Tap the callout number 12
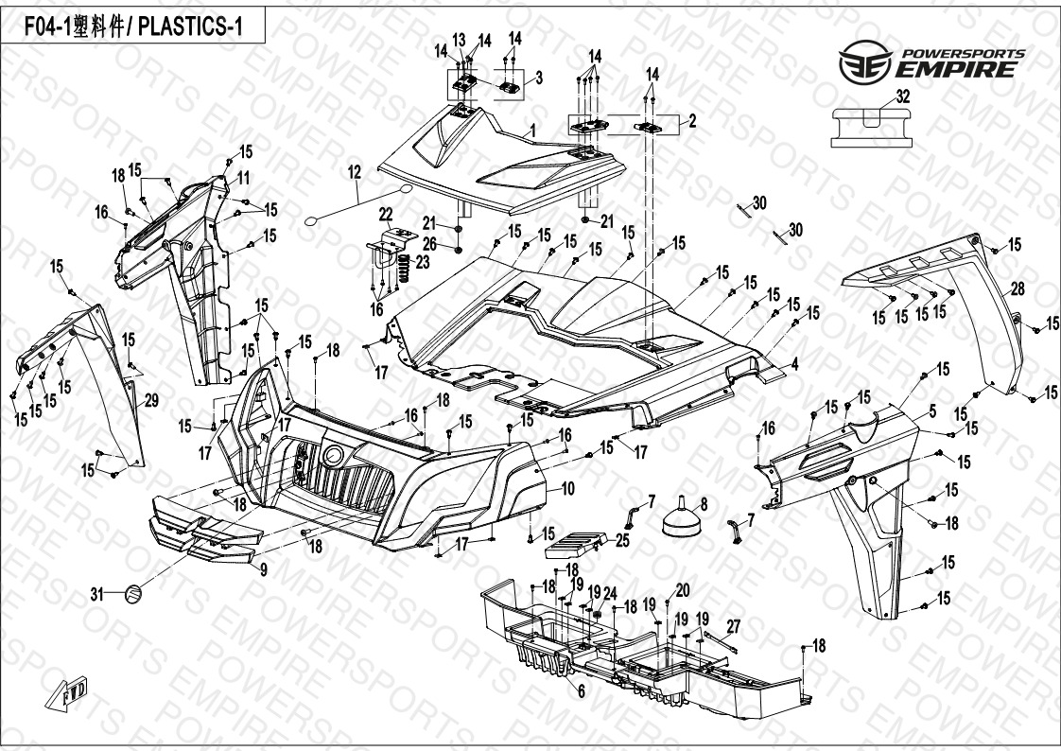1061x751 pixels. [355, 172]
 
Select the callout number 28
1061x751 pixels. [1018, 288]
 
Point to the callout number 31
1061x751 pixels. [96, 594]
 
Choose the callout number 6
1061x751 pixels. [582, 691]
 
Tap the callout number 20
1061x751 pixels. [683, 590]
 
